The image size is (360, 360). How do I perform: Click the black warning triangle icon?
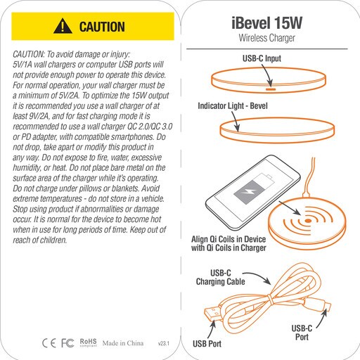click(63, 26)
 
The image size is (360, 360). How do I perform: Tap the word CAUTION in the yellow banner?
click(102, 27)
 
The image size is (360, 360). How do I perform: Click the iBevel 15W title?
click(266, 23)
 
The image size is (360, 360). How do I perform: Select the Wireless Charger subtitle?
click(266, 38)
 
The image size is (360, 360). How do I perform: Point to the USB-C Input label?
click(262, 58)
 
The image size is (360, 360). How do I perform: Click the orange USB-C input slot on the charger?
click(271, 89)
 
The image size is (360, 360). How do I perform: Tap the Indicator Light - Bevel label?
click(233, 106)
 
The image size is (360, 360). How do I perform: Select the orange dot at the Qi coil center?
click(308, 221)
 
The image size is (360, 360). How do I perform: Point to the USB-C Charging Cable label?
click(220, 277)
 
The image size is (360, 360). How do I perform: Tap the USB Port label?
click(207, 344)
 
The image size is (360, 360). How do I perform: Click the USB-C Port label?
click(302, 333)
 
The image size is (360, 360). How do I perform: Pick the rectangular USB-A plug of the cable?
click(212, 314)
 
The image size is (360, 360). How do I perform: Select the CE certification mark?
click(49, 343)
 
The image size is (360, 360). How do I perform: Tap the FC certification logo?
click(67, 343)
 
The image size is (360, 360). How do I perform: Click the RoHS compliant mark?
click(88, 342)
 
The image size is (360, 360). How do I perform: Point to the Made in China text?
click(123, 343)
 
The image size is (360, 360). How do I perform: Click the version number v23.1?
click(164, 344)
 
